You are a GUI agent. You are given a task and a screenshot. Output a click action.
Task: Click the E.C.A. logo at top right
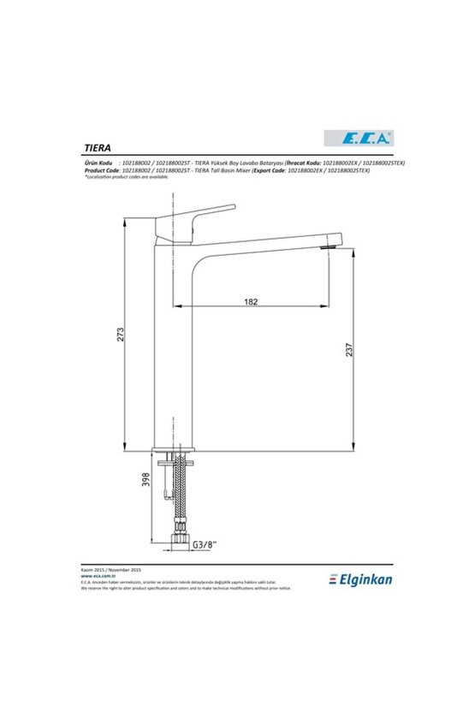[357, 136]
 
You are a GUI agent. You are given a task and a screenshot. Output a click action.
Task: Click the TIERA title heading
[96, 145]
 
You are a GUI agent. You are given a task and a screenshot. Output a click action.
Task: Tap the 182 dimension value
[251, 301]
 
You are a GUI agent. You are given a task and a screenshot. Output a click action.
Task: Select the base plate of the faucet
[176, 452]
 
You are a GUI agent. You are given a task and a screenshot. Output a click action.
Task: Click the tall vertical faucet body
[176, 342]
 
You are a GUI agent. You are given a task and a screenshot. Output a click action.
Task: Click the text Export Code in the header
[278, 169]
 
